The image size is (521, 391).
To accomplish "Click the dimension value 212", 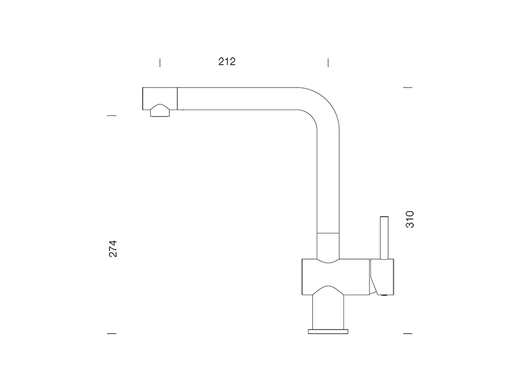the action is (227, 62).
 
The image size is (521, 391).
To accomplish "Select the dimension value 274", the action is (113, 248).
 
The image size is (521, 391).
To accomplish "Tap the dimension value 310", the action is (410, 219).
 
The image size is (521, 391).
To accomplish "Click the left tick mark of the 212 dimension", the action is (160, 63).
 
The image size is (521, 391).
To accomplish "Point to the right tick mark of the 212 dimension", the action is (328, 63).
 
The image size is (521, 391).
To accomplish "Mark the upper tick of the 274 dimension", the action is (111, 116).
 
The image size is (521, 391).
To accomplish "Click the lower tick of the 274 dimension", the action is (111, 334).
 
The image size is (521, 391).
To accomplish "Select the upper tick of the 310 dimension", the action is (408, 88).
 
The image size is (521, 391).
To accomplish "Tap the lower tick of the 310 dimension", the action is (408, 334).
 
